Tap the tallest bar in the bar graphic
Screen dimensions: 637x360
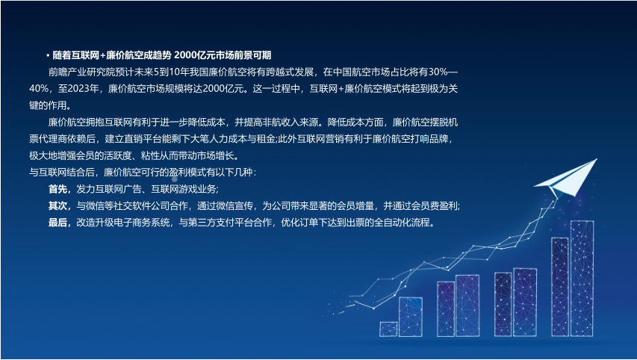pyautogui.click(x=582, y=279)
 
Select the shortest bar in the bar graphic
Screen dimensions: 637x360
pyautogui.click(x=388, y=329)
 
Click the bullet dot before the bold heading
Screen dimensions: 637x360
pyautogui.click(x=48, y=56)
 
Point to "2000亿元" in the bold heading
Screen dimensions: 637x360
pyautogui.click(x=192, y=55)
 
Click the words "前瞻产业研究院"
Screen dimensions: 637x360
pyautogui.click(x=77, y=72)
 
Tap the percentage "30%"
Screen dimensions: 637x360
pyautogui.click(x=438, y=72)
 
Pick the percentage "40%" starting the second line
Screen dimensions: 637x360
pyautogui.click(x=39, y=89)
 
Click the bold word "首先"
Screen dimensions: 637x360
pyautogui.click(x=58, y=189)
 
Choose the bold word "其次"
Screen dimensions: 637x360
pyautogui.click(x=58, y=206)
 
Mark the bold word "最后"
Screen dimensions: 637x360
pyautogui.click(x=58, y=223)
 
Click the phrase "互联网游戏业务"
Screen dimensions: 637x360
pyautogui.click(x=184, y=189)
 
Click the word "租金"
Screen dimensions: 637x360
pyautogui.click(x=267, y=139)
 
